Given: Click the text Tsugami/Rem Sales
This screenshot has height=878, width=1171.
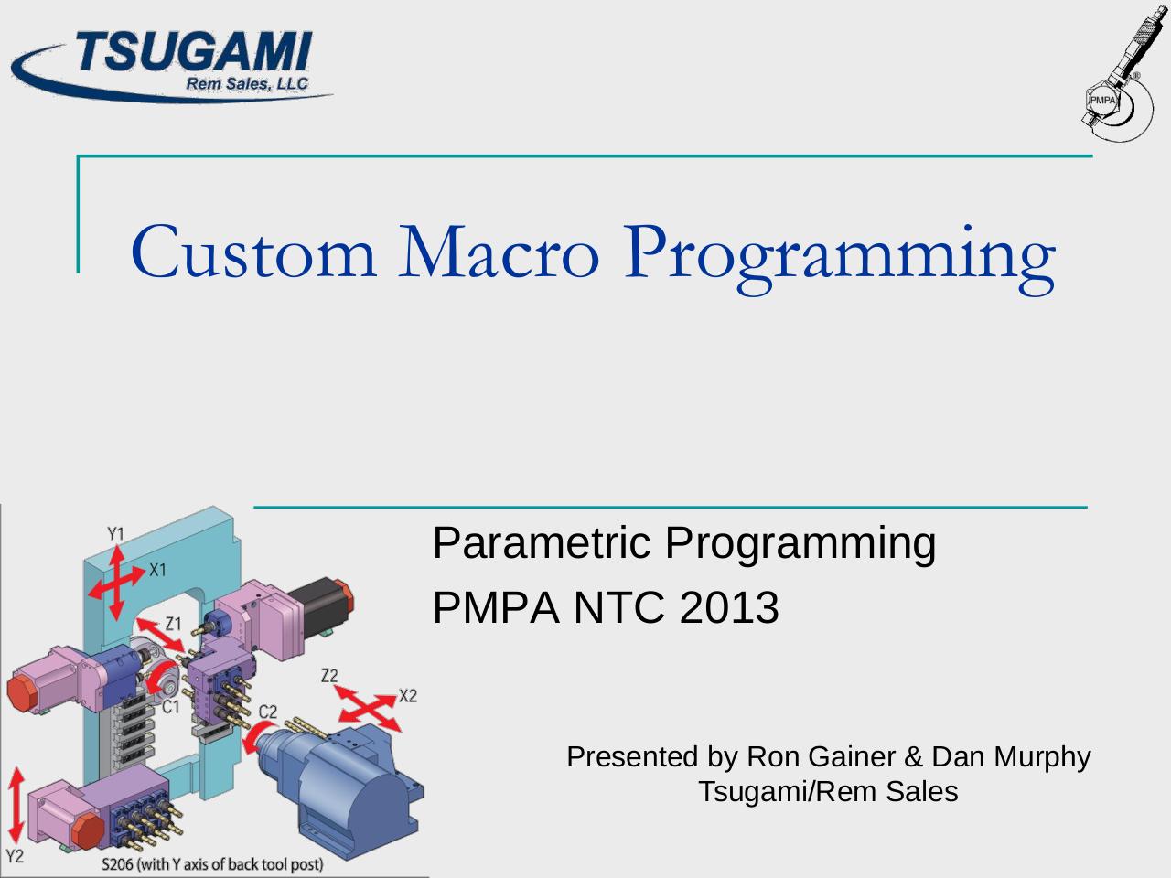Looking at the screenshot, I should (x=827, y=791).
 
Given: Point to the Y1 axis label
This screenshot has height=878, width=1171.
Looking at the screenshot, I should (x=116, y=532).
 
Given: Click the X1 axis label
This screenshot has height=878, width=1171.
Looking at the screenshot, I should (x=158, y=570).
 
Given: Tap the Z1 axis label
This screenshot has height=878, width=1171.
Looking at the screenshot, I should (x=174, y=624).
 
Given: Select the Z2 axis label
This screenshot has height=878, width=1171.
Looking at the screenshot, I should (x=329, y=675).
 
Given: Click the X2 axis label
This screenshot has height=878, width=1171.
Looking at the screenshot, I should (x=407, y=696).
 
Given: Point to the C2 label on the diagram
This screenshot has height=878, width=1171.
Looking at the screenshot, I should (x=267, y=711).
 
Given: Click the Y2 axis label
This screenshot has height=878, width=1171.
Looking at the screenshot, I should (x=15, y=856).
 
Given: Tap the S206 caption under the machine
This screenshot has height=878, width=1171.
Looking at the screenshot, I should (x=212, y=863).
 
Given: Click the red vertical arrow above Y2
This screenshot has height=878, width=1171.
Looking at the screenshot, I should (x=16, y=805).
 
